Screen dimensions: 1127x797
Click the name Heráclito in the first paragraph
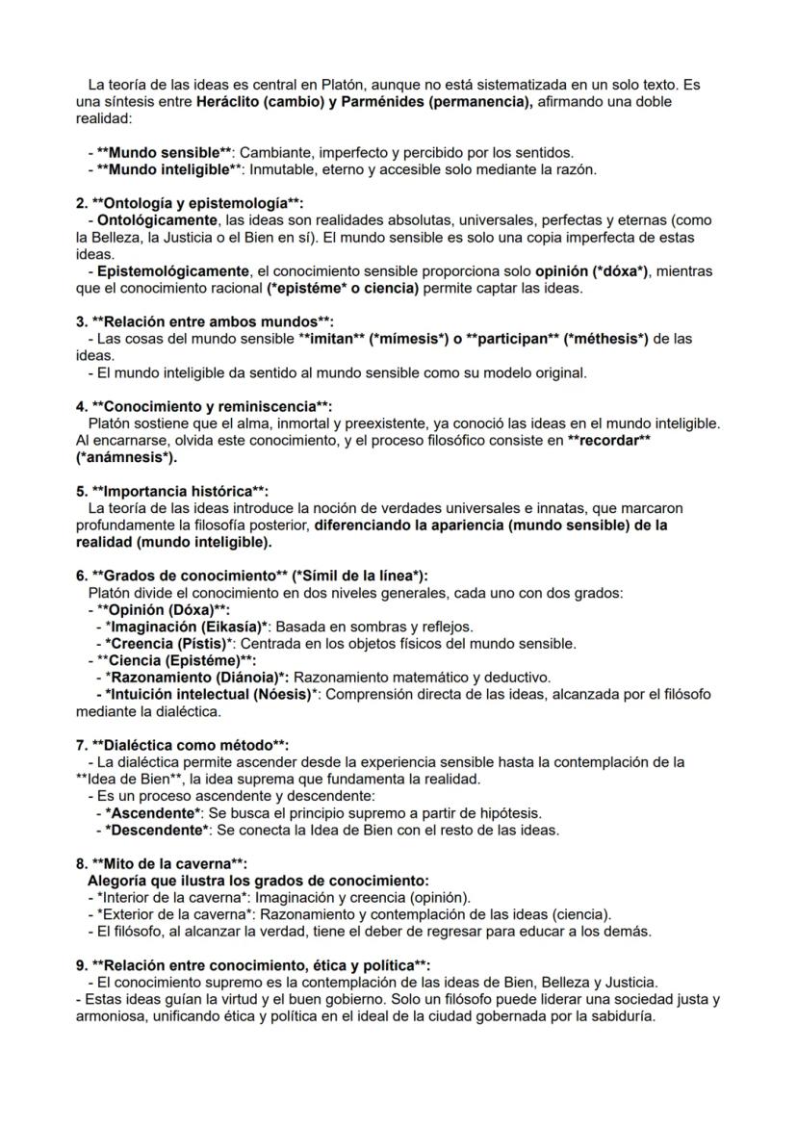tap(227, 102)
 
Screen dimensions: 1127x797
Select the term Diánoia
tap(240, 677)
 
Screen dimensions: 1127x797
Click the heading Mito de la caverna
tap(168, 863)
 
